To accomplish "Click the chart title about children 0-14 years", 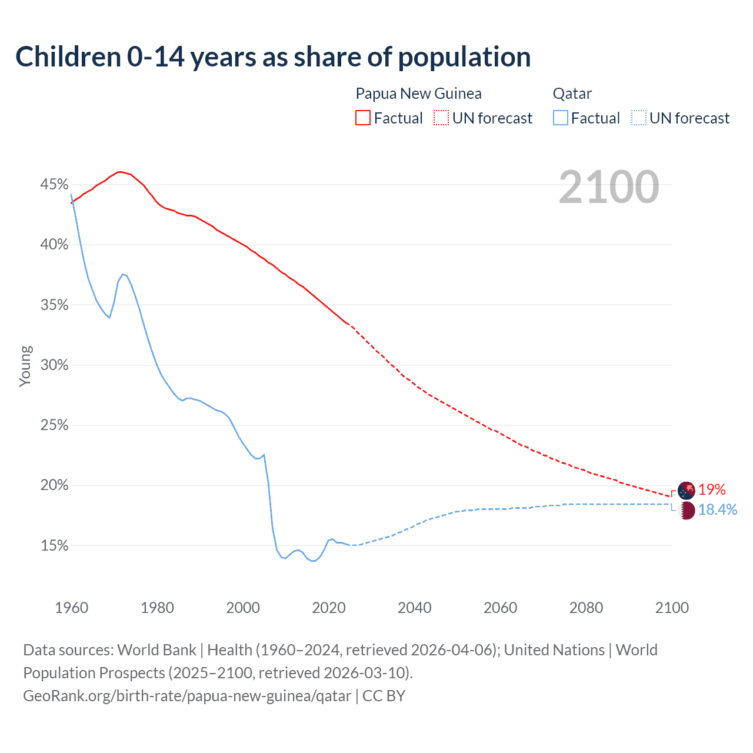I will [x=273, y=57].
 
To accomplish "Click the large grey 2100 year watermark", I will [x=608, y=187].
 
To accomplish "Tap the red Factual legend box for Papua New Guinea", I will [x=363, y=118].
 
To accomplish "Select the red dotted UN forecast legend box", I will [x=441, y=118].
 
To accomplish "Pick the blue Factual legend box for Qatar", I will [x=561, y=118].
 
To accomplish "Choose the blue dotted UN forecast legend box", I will [x=638, y=118].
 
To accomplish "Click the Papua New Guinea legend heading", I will [x=418, y=94].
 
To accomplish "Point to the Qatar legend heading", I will [x=572, y=94].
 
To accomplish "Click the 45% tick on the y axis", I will [x=54, y=185].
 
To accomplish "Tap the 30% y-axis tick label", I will [x=54, y=365].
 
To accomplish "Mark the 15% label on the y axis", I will [x=54, y=546].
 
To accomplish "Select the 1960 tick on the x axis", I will [x=71, y=608].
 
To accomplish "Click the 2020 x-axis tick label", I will [x=328, y=608].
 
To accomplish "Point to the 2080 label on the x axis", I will [x=586, y=608].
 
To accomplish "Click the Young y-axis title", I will [x=25, y=366].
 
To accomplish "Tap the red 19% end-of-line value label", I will [x=712, y=489].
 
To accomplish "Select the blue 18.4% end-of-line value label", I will [x=718, y=509].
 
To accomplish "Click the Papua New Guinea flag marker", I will [x=686, y=490].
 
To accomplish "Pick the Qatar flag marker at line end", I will [x=687, y=511].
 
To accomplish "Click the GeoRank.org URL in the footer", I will [x=187, y=696].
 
